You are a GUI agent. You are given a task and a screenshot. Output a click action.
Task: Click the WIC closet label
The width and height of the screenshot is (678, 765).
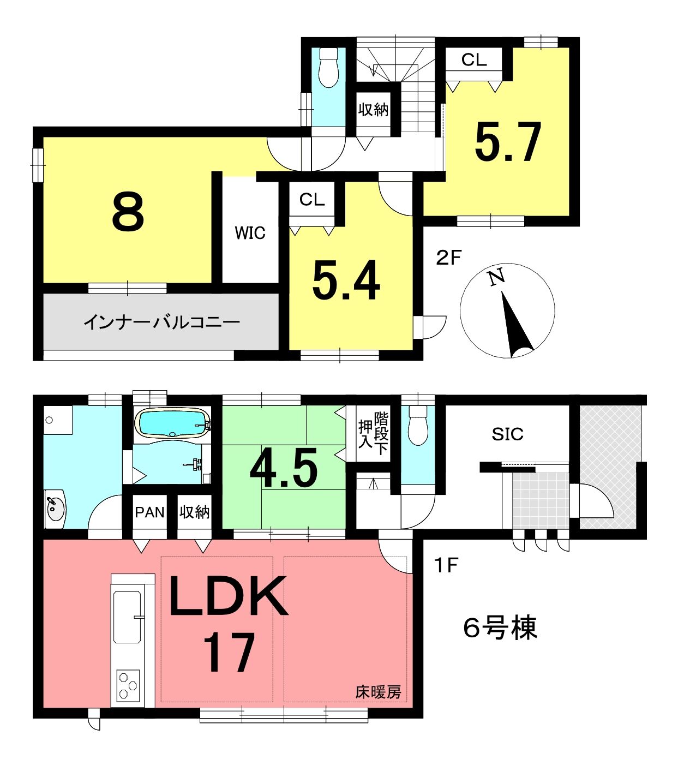tap(250, 233)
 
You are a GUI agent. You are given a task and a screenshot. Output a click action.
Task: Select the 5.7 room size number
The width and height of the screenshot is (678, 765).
tap(508, 142)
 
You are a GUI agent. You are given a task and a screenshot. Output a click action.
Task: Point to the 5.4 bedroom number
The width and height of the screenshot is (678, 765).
tap(346, 280)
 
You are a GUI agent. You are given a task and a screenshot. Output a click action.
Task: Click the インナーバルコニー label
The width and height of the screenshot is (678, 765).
tap(161, 322)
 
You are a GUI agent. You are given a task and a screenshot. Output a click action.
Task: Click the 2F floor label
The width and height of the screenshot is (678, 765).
tap(448, 258)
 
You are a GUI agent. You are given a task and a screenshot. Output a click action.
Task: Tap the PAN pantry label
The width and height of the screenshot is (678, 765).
tap(150, 512)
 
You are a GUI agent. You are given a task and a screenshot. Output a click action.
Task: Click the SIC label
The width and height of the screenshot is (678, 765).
tap(507, 434)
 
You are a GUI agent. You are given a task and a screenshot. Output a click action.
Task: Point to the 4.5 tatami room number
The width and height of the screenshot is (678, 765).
tap(283, 469)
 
